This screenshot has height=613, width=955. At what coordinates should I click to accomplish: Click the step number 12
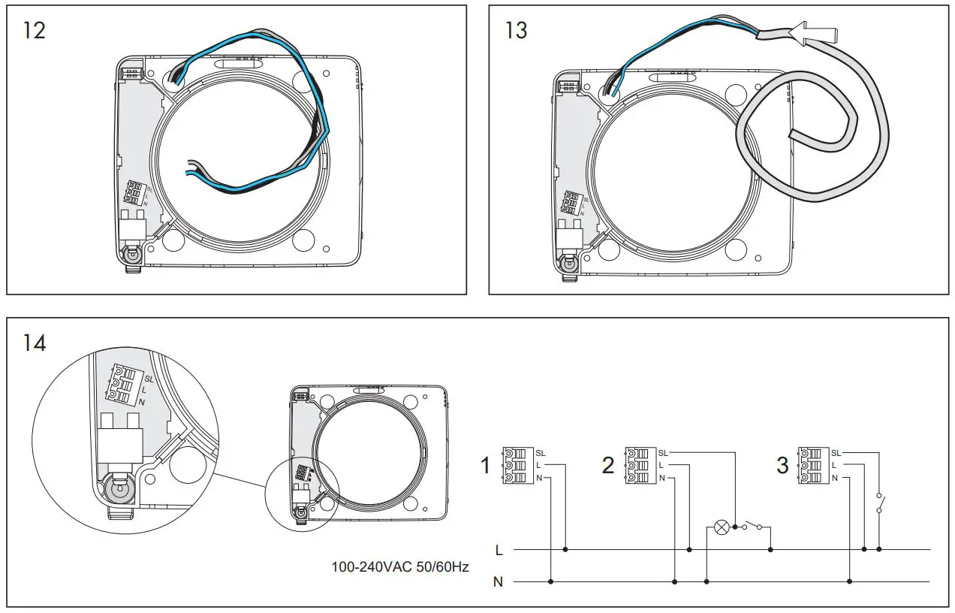pos(35,32)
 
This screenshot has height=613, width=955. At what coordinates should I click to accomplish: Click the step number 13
pos(517,32)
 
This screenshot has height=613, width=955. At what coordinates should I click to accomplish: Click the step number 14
pos(35,343)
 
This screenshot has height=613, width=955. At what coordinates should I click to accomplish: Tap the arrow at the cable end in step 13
pos(800,31)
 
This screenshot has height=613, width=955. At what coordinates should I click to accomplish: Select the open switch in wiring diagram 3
pos(879,503)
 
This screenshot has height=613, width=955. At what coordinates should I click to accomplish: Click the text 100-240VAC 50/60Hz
pos(400,566)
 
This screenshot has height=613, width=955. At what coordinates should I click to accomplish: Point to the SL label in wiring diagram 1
pos(541,453)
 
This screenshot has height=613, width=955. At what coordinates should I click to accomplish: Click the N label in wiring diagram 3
pos(834,478)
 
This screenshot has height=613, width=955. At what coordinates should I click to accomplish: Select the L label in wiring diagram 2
pos(661,466)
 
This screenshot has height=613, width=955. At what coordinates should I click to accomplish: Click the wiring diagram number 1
pos(485,466)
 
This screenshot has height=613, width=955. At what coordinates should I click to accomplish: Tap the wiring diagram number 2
pos(608,466)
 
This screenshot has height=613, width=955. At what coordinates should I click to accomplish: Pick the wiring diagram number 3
pos(782,466)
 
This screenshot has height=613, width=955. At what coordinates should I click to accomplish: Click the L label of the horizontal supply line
pos(499,550)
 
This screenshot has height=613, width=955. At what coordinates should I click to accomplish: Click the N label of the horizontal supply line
pos(498,581)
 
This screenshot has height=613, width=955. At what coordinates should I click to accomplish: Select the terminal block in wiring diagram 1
pos(518,466)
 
